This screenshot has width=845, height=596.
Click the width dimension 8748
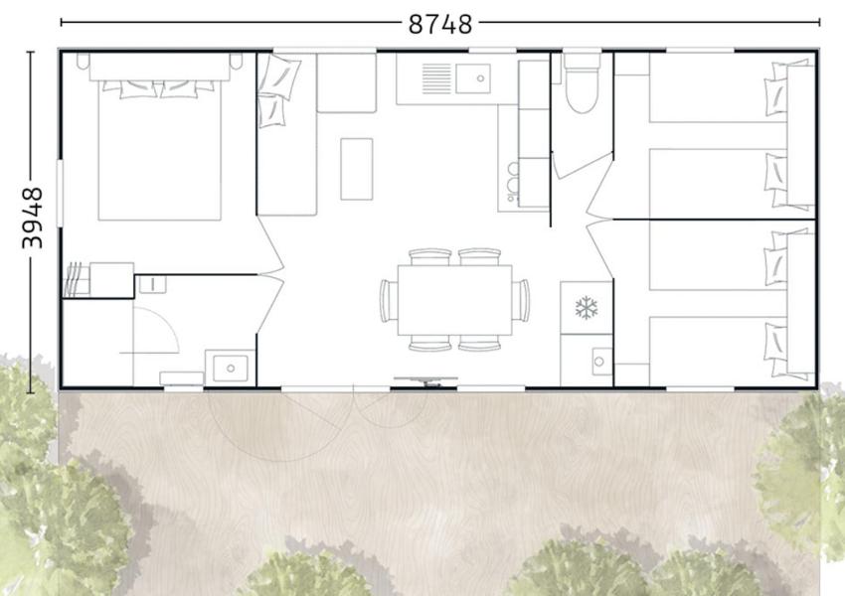439,24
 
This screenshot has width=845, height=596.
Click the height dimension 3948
32,219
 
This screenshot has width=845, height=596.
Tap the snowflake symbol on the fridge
587,307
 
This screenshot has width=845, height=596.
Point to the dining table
455,300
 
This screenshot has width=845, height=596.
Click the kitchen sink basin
473,78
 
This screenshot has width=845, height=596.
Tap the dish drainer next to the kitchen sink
436,78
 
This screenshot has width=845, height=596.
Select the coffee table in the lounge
356,169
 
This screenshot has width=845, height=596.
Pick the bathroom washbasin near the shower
230,369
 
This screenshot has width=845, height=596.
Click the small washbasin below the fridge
600,362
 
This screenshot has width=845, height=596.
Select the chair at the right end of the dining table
521,300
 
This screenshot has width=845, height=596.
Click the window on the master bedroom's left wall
60,192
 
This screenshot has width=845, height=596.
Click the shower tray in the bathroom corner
97,343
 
